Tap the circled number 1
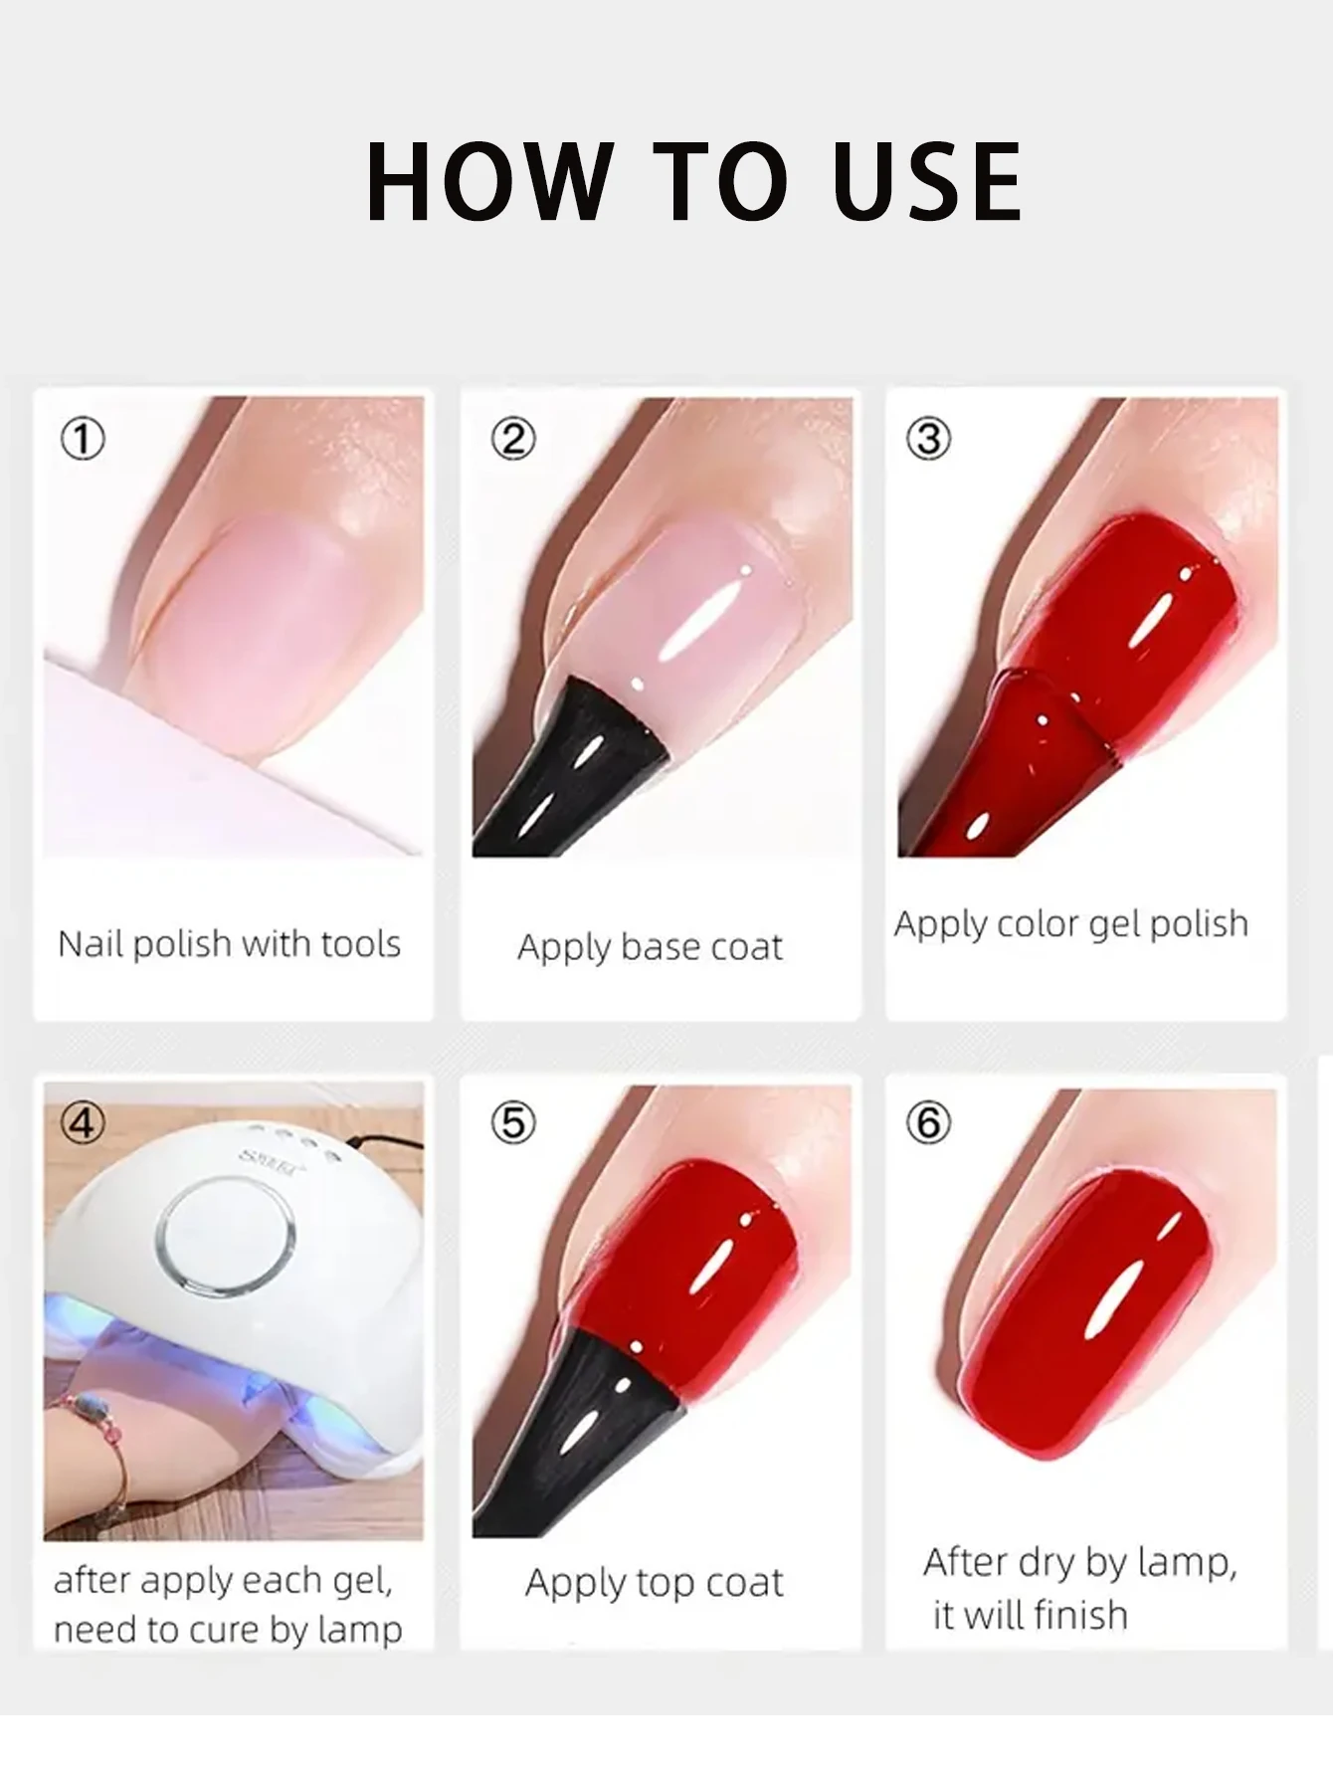(83, 439)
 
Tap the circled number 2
(513, 439)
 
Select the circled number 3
(929, 439)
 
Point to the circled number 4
(83, 1122)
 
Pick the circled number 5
(513, 1122)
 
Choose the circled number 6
(929, 1122)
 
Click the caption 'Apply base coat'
(650, 947)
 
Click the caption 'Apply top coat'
(654, 1582)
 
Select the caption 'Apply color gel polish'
(1070, 924)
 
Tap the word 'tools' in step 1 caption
(354, 943)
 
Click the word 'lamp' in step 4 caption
(359, 1629)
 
